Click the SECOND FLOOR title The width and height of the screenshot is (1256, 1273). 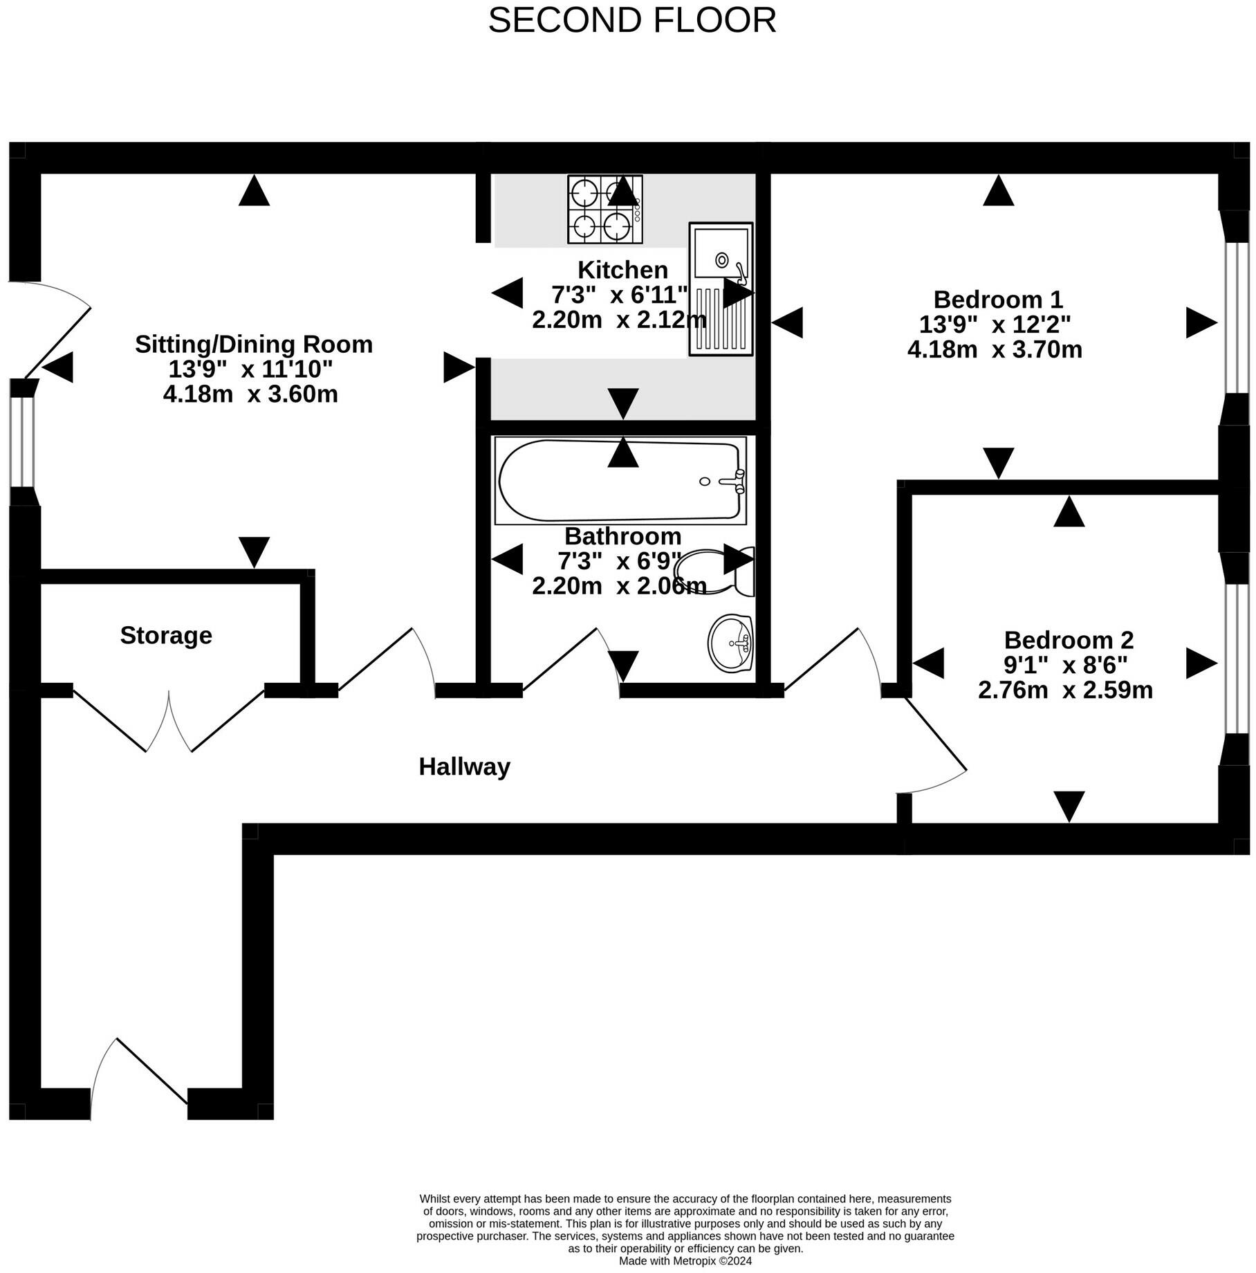tap(632, 20)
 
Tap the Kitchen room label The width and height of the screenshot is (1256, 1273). tap(622, 270)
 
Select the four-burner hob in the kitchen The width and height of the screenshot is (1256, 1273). tap(605, 209)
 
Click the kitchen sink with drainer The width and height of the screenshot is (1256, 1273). tap(721, 289)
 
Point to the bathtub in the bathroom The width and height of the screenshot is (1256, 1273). tap(620, 480)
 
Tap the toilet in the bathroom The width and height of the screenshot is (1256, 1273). tap(719, 571)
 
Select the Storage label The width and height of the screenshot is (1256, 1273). tap(166, 635)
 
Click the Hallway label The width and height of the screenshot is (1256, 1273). tap(465, 767)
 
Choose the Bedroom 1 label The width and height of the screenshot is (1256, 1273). tap(998, 300)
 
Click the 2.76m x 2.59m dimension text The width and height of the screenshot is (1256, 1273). tap(1065, 690)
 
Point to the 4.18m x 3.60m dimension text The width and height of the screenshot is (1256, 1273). tap(250, 394)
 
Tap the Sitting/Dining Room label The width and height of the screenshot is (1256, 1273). tap(254, 344)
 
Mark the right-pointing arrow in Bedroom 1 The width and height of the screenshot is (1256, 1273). tap(1201, 322)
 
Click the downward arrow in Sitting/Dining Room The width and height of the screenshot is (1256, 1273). tap(254, 552)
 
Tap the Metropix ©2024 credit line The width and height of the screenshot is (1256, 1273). tap(685, 1261)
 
